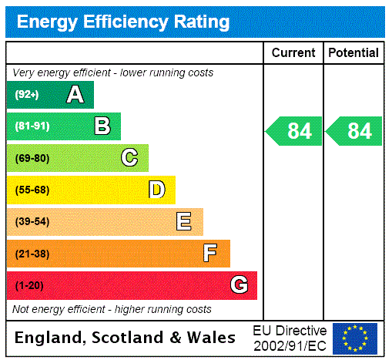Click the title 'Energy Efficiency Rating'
123,22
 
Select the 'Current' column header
293,53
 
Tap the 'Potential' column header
353,53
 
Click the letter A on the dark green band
75,95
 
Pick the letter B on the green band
102,126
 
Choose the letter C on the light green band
129,158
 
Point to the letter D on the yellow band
156,190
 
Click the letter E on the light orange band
183,222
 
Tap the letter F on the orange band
210,254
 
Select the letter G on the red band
239,285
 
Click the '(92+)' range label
27,96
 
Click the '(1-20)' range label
29,286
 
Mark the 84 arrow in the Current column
294,131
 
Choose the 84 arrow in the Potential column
354,131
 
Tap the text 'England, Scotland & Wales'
126,338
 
